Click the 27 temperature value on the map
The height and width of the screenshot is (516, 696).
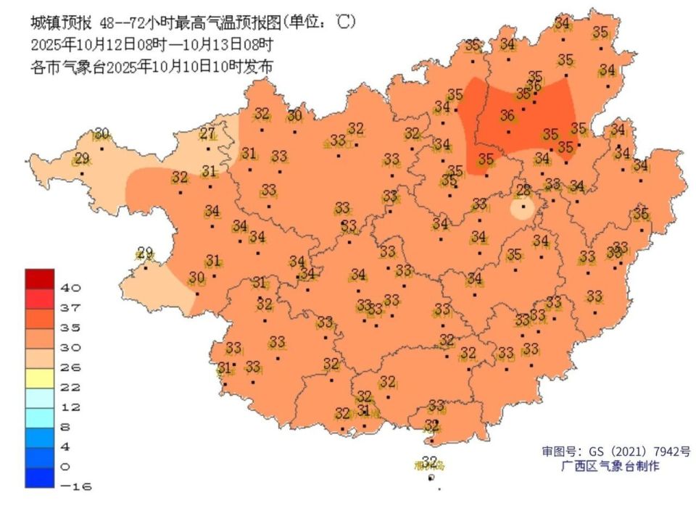208,133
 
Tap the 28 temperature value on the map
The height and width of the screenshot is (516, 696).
523,191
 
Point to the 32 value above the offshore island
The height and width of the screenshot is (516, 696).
430,461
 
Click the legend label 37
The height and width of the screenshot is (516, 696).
70,308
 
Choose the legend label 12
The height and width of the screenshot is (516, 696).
70,407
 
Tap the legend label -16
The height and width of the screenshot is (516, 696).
75,486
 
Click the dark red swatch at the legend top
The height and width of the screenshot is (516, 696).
39,278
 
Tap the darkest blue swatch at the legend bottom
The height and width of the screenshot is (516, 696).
39,477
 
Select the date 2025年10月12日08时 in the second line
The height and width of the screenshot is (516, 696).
94,43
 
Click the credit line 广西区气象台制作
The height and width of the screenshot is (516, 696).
611,467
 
